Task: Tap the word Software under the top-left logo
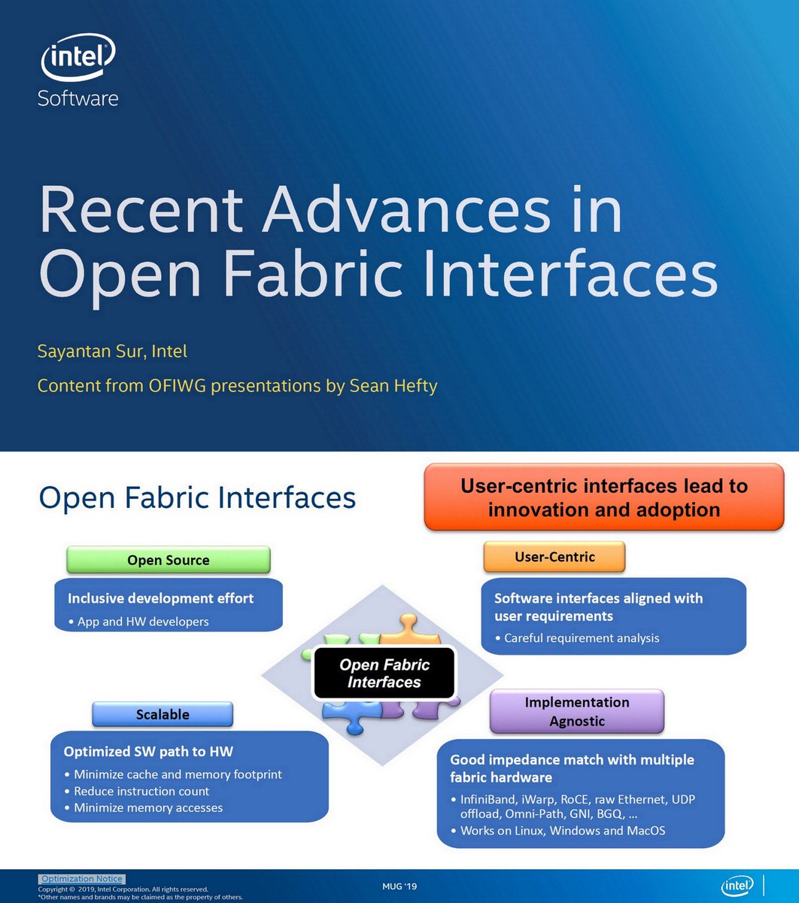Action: pyautogui.click(x=78, y=98)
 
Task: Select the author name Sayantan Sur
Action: pyautogui.click(x=89, y=351)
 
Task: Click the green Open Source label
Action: pyautogui.click(x=168, y=560)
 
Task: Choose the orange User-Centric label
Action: pyautogui.click(x=554, y=557)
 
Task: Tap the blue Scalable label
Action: pyautogui.click(x=163, y=714)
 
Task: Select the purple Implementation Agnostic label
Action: pyautogui.click(x=576, y=711)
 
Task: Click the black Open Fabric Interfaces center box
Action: pyautogui.click(x=384, y=673)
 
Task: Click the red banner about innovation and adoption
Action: pyautogui.click(x=603, y=497)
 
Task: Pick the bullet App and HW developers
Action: pyautogui.click(x=143, y=622)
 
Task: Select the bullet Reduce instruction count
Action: pyautogui.click(x=141, y=791)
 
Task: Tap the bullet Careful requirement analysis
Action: pyautogui.click(x=581, y=638)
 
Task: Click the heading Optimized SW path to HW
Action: pyautogui.click(x=153, y=752)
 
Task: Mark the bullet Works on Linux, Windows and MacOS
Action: pyautogui.click(x=562, y=831)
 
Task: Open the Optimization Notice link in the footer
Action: pyautogui.click(x=81, y=879)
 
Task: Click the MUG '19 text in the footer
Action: pyautogui.click(x=399, y=886)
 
